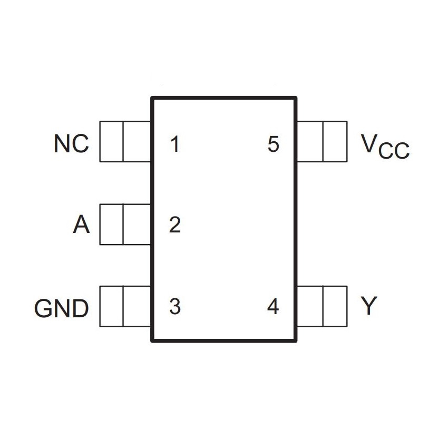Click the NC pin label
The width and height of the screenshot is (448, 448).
[71, 143]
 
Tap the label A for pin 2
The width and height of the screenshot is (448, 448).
[81, 226]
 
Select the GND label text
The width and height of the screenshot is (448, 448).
[62, 309]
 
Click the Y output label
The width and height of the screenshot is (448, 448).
[369, 306]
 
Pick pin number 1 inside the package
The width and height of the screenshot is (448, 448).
[175, 144]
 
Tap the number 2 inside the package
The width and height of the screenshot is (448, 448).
[175, 226]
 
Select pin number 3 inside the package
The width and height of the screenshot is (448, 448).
[175, 306]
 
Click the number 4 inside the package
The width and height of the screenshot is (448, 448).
[272, 306]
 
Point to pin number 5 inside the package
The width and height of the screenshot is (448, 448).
[272, 144]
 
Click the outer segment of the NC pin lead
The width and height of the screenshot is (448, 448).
[111, 141]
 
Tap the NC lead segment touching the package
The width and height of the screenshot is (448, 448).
[137, 141]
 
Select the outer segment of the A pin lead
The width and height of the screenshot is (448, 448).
[111, 225]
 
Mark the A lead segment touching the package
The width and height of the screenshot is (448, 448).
[137, 225]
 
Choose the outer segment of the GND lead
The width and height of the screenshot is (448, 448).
[111, 306]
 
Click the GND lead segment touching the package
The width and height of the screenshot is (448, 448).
[137, 306]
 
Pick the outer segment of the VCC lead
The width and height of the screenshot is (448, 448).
[335, 141]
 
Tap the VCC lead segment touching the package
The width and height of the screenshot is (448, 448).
[310, 141]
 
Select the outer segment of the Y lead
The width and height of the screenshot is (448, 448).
[335, 306]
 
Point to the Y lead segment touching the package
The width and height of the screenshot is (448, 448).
[310, 306]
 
